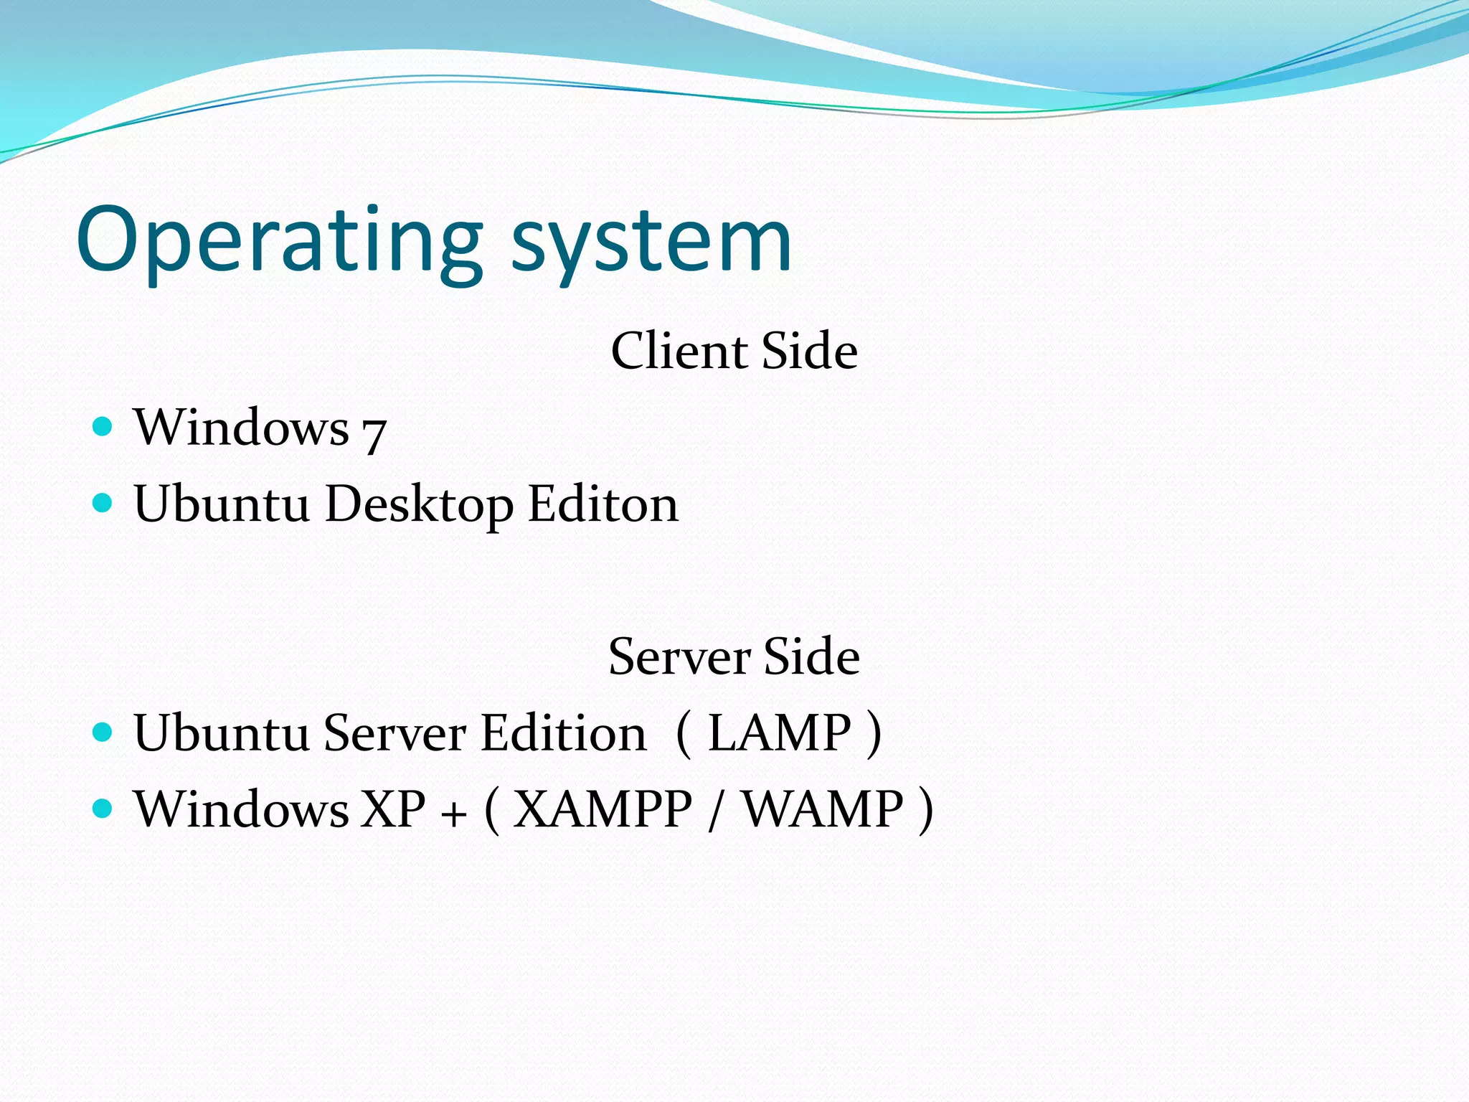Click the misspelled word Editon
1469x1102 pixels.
[603, 504]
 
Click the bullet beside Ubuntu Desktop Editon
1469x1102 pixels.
[103, 503]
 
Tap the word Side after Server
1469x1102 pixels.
[811, 656]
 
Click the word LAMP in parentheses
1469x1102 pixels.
[779, 733]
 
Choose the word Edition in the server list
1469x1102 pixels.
[564, 733]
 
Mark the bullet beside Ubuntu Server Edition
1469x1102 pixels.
[103, 733]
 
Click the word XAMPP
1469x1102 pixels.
[603, 809]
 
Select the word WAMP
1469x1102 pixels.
[822, 809]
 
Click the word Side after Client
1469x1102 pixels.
[809, 351]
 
